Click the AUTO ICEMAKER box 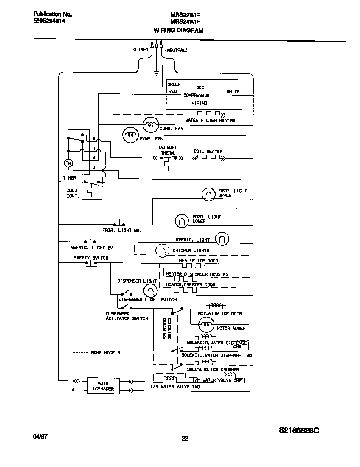click(104, 385)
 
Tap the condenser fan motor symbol click(149, 124)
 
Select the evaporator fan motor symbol click(130, 135)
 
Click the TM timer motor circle click(68, 163)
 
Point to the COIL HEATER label click(208, 152)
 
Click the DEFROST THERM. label click(168, 150)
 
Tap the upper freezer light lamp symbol click(208, 194)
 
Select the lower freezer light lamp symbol click(181, 220)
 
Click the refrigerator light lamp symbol click(222, 239)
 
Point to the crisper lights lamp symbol click(161, 250)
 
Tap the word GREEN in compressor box click(174, 84)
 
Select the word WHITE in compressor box click(233, 92)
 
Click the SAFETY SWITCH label click(91, 258)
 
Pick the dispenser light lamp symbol click(149, 290)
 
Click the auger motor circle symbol click(205, 325)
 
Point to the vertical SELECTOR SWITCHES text click(167, 329)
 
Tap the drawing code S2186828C click(299, 430)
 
